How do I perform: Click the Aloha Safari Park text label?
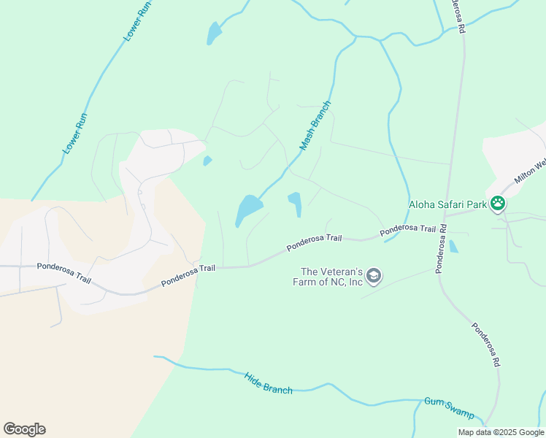(447, 205)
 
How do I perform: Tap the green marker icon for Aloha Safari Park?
(498, 204)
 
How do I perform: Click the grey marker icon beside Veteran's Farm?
(374, 275)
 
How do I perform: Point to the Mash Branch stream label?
(315, 126)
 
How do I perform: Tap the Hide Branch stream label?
(269, 384)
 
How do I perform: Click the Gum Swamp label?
(449, 407)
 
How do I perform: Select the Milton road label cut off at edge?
(530, 172)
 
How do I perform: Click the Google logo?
(24, 429)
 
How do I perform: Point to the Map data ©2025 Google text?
(501, 432)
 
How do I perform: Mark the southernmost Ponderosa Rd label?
(485, 345)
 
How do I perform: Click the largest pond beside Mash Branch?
(248, 210)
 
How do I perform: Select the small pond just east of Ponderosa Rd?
(453, 247)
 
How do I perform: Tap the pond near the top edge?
(214, 33)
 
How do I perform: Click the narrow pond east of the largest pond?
(295, 201)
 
